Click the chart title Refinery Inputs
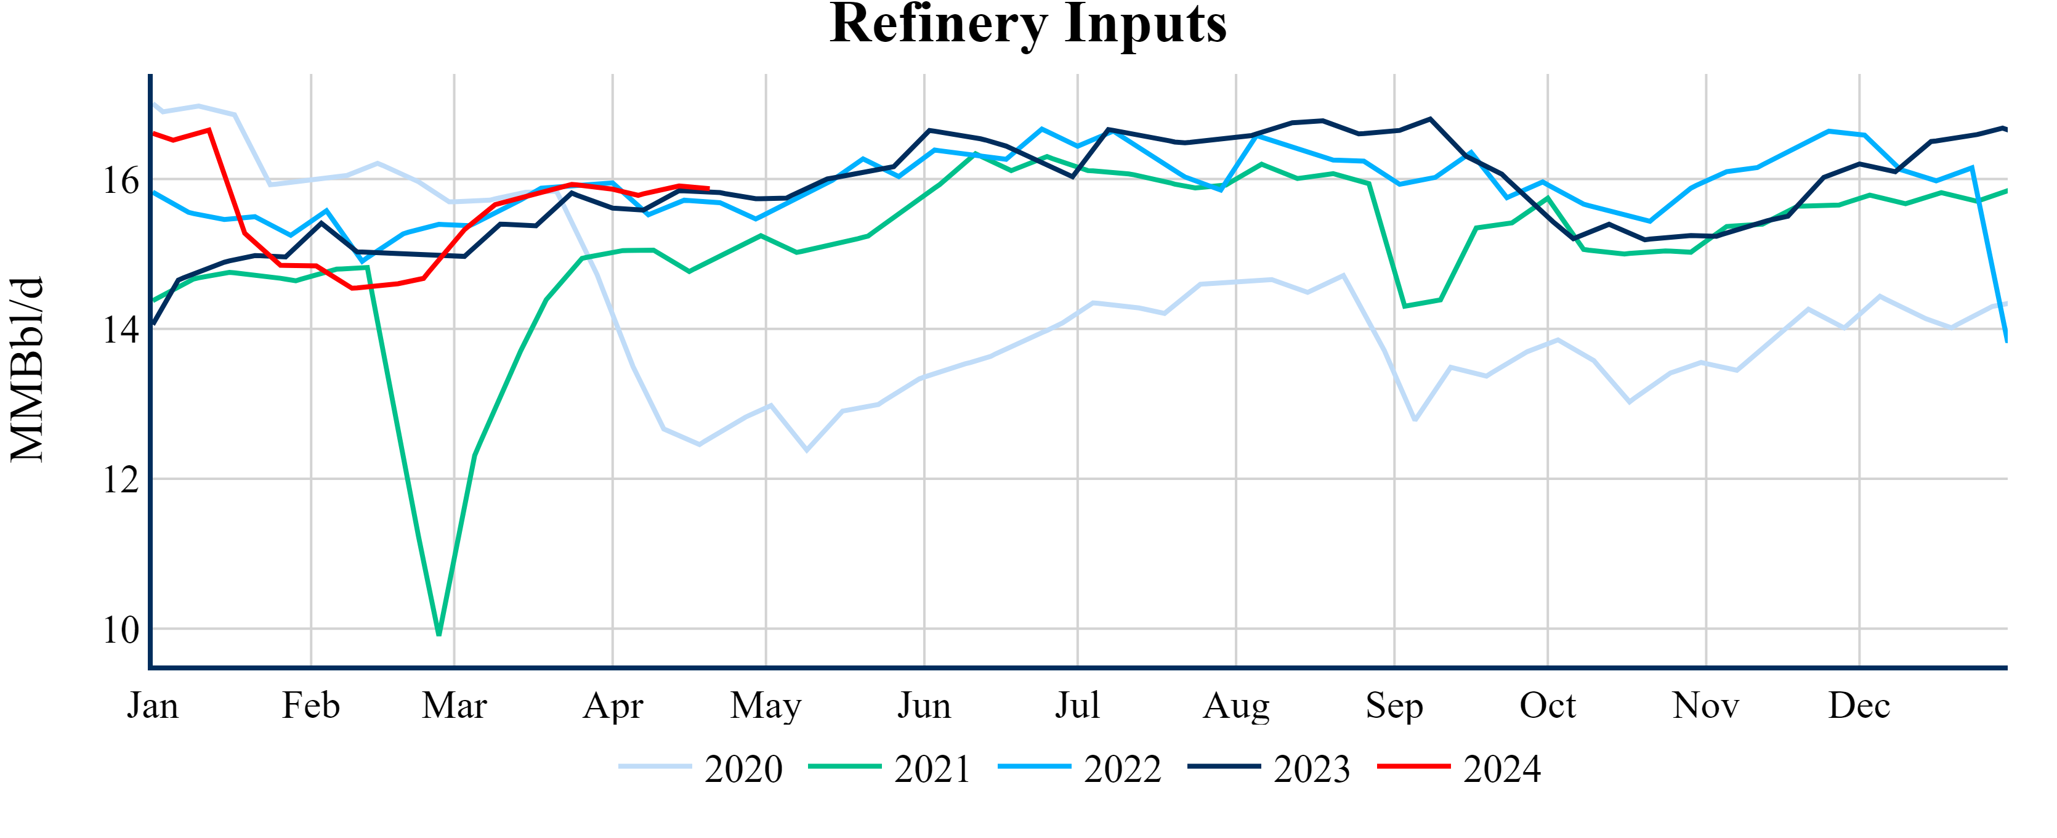pos(1028,24)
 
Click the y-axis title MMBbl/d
pos(27,369)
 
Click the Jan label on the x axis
pos(153,706)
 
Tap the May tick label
pos(765,706)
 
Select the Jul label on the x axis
pos(1077,706)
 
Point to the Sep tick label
pos(1394,706)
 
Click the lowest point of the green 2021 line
pos(439,634)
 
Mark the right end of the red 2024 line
pos(708,189)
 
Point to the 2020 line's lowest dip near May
pos(807,450)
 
